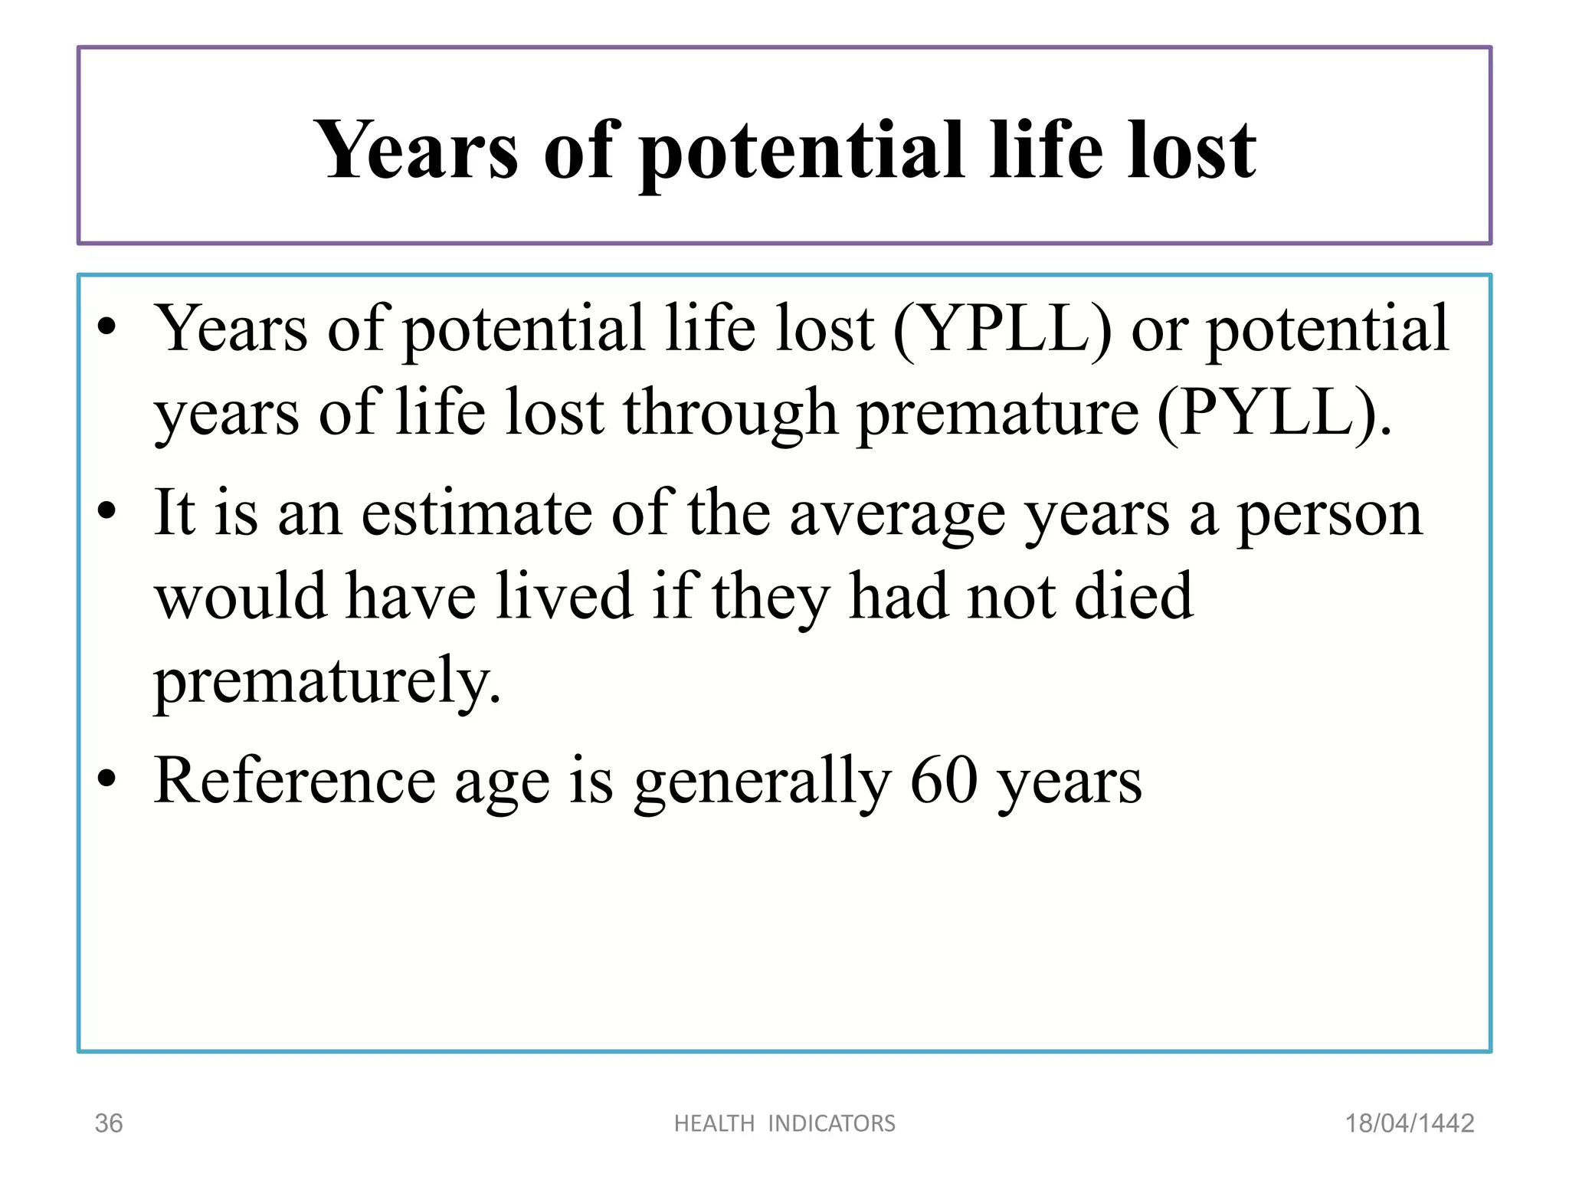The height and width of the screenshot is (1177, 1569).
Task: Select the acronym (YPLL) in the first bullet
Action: pyautogui.click(x=1003, y=329)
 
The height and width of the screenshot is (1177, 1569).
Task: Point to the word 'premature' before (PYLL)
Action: pyautogui.click(x=997, y=414)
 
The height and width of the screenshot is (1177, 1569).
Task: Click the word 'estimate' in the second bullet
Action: pyautogui.click(x=477, y=514)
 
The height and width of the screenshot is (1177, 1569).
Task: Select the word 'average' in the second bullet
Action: pyautogui.click(x=897, y=514)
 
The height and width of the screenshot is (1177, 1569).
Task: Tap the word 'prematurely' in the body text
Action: pyautogui.click(x=327, y=680)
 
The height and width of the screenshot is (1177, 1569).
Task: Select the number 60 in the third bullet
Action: pyautogui.click(x=944, y=781)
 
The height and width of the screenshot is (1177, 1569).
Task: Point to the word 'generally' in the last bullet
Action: pyautogui.click(x=763, y=781)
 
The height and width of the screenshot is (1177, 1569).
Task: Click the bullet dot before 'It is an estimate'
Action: pyautogui.click(x=106, y=511)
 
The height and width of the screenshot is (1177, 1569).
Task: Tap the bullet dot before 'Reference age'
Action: pyautogui.click(x=106, y=779)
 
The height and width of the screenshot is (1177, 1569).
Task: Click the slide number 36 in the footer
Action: pyautogui.click(x=108, y=1123)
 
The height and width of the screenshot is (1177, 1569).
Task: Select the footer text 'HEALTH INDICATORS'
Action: pyautogui.click(x=784, y=1123)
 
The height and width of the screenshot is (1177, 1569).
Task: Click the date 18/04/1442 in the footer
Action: pyautogui.click(x=1410, y=1123)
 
